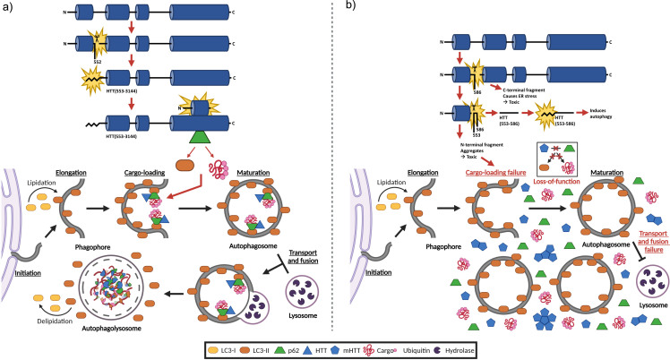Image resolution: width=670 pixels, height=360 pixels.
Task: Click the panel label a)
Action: pos(7,7)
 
